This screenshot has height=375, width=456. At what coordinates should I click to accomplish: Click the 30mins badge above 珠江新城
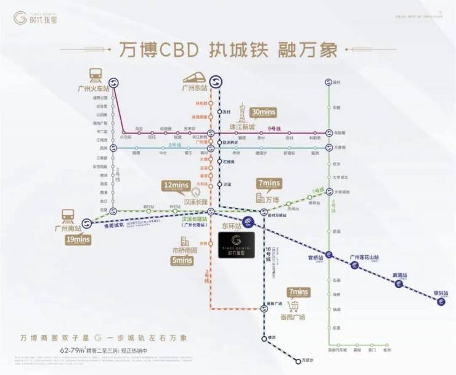point(263,112)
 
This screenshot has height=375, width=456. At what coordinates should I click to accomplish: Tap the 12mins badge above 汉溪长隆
point(175,184)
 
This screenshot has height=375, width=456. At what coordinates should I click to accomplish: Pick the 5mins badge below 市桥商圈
point(183,260)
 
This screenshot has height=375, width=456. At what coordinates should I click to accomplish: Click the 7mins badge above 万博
point(269,183)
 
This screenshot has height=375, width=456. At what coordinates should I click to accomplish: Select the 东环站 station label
point(230,226)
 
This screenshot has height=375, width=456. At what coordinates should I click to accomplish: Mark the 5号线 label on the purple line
point(273,128)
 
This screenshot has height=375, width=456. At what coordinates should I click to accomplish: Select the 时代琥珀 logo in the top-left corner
point(38,18)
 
